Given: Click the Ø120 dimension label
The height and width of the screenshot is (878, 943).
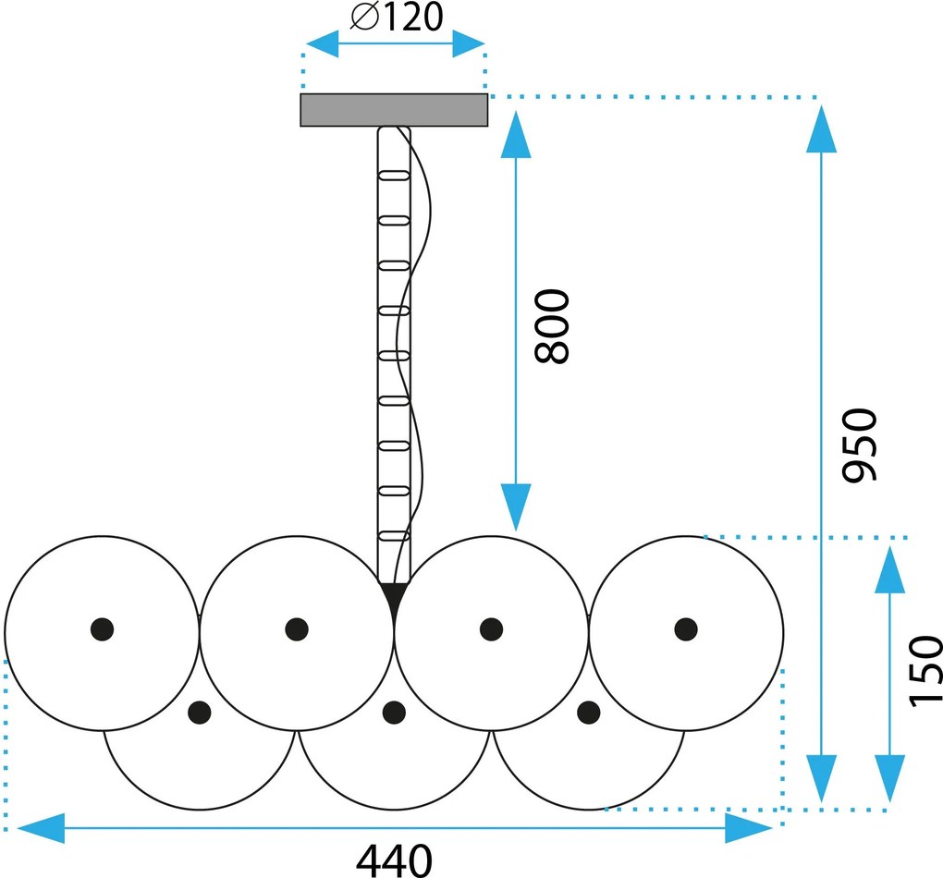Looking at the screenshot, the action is point(397,17).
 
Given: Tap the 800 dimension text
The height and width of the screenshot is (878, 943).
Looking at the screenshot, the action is point(552,326).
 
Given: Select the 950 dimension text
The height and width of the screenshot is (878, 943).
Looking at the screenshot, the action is point(860,445).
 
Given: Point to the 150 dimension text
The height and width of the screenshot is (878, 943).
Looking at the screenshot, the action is point(925,671).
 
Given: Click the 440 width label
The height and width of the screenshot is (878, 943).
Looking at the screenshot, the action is point(394,860).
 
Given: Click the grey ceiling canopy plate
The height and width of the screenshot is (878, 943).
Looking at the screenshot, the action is point(394,110).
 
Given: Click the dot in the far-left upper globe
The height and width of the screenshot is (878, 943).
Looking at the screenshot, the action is point(103,629).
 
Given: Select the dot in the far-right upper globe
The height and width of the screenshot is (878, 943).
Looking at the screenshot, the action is point(686,629).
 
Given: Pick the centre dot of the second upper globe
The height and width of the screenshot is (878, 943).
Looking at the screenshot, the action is point(297,629).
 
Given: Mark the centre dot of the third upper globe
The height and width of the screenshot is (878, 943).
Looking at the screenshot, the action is point(491,629).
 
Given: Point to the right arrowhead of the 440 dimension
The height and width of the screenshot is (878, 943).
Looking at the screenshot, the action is point(749,828).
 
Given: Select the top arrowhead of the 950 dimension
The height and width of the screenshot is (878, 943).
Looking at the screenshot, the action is point(822,128).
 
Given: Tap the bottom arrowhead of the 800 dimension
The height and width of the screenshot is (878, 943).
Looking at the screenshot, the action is point(516,507).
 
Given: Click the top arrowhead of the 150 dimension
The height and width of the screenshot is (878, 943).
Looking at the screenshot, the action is point(889,569).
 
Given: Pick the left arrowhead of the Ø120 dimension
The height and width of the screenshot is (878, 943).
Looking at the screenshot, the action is point(323,43).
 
